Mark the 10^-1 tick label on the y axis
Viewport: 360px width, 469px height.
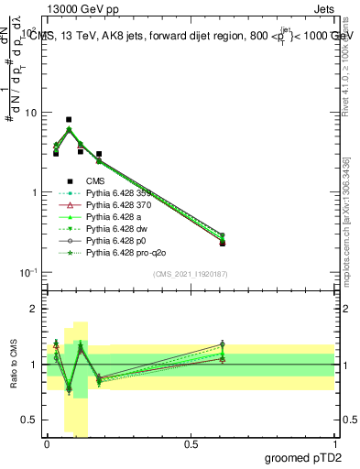pyautogui.click(x=27, y=272)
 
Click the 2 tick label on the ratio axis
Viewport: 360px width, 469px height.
pyautogui.click(x=35, y=310)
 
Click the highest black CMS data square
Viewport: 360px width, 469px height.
pyautogui.click(x=69, y=120)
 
